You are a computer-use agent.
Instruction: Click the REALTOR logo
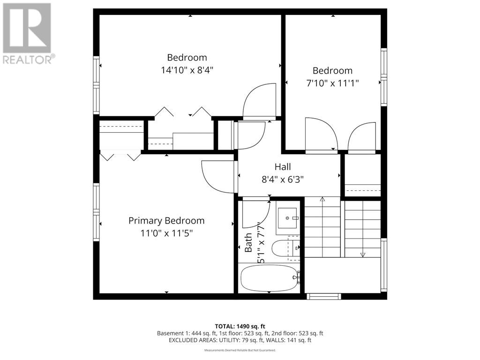pos(28,33)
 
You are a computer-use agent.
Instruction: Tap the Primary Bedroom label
pos(166,220)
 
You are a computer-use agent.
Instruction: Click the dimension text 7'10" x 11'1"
pos(332,83)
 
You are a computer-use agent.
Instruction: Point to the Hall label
pos(283,166)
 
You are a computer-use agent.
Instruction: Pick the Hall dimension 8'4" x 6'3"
pos(283,179)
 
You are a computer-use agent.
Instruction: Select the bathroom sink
pos(287,218)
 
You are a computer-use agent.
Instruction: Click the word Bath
pos(248,242)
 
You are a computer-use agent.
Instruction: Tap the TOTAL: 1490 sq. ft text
pos(240,326)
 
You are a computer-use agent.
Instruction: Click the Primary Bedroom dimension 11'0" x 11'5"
pos(166,233)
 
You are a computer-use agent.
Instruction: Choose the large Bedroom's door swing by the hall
pos(259,100)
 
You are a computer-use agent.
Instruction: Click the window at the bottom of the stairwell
pos(323,296)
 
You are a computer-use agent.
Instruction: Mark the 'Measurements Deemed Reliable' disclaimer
pos(240,350)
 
